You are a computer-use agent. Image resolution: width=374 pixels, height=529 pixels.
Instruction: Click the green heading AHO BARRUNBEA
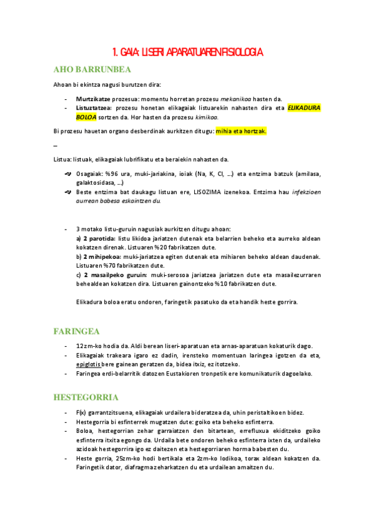pyautogui.click(x=92, y=69)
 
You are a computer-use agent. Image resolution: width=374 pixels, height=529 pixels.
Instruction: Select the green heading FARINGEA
pyautogui.click(x=77, y=331)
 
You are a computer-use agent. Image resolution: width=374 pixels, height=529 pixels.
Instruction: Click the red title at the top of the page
pyautogui.click(x=187, y=52)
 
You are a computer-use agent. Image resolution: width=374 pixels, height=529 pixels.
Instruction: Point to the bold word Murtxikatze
pyautogui.click(x=94, y=99)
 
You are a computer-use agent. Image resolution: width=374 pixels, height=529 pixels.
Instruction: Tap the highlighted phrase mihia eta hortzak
pyautogui.click(x=241, y=131)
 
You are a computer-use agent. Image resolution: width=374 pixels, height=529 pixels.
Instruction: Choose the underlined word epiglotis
pyautogui.click(x=89, y=364)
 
